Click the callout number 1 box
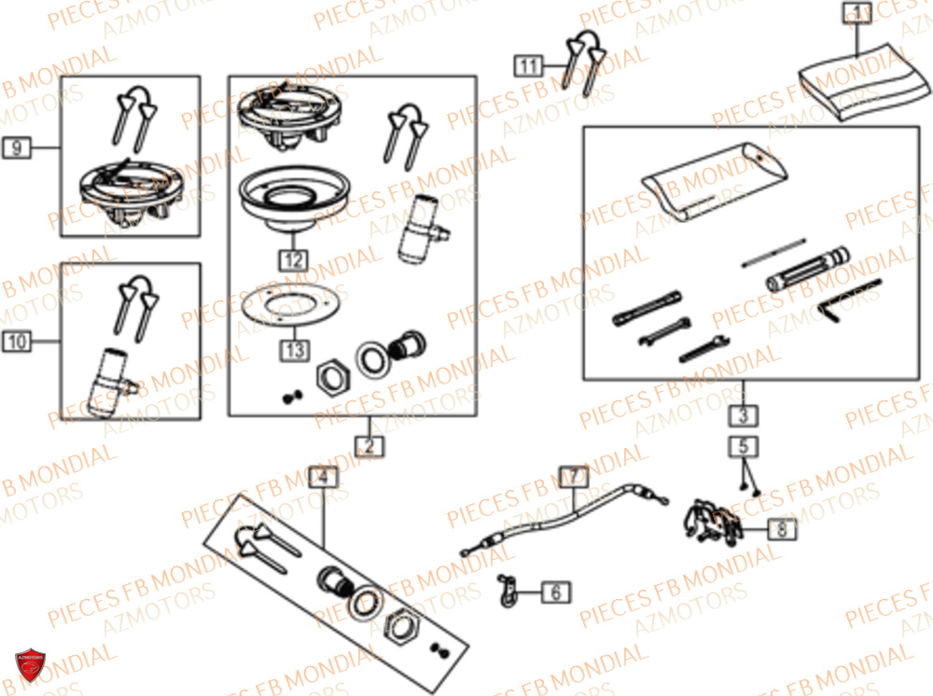click(856, 13)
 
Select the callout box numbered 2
click(369, 446)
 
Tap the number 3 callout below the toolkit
click(743, 414)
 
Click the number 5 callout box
click(744, 447)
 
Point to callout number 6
click(555, 592)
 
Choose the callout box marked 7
click(575, 477)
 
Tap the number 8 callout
click(783, 530)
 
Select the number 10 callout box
click(18, 342)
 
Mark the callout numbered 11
click(529, 65)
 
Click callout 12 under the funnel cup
click(292, 259)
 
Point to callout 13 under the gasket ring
click(293, 351)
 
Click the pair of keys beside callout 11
click(582, 56)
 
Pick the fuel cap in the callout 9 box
click(126, 187)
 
